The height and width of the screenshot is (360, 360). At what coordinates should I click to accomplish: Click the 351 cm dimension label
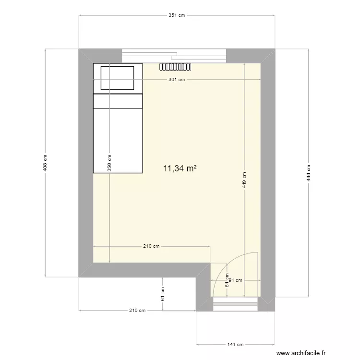[177, 15]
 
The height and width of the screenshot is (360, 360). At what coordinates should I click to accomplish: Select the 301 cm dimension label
[177, 80]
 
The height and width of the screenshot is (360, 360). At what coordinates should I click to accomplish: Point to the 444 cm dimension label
[309, 173]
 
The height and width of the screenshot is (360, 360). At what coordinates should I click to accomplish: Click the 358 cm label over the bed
[109, 163]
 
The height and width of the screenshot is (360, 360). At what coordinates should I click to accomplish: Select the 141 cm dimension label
[235, 344]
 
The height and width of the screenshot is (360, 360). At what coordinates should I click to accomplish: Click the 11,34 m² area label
[180, 168]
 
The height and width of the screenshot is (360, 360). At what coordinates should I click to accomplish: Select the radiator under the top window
[176, 67]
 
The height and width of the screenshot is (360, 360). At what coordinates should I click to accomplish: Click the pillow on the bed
[117, 78]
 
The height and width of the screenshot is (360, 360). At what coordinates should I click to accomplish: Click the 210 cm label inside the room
[151, 247]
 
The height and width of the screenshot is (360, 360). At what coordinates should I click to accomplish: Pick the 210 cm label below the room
[137, 311]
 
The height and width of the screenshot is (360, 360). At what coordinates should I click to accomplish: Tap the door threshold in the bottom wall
[235, 302]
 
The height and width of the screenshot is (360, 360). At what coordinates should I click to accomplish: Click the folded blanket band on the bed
[118, 101]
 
